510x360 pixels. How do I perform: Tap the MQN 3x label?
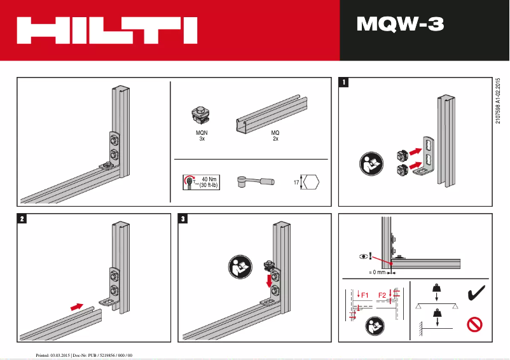[202, 135]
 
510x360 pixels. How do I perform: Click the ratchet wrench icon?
[254, 182]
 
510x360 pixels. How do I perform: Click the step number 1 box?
[344, 82]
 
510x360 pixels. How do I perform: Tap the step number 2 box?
[22, 219]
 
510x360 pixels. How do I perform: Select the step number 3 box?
[184, 219]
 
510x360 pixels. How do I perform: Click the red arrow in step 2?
[76, 306]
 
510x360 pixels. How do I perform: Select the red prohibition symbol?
[474, 326]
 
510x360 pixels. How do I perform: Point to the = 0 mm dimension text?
[378, 272]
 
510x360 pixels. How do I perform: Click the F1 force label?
[364, 294]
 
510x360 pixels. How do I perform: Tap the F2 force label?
[383, 295]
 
